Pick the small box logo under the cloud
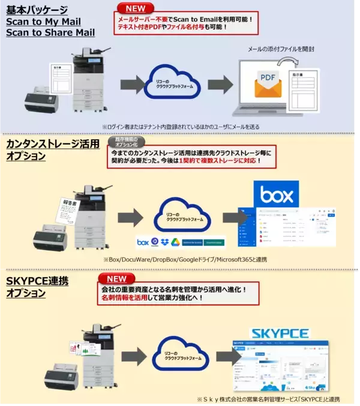point(143,242)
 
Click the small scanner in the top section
point(43,98)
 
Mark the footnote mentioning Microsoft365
point(185,259)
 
